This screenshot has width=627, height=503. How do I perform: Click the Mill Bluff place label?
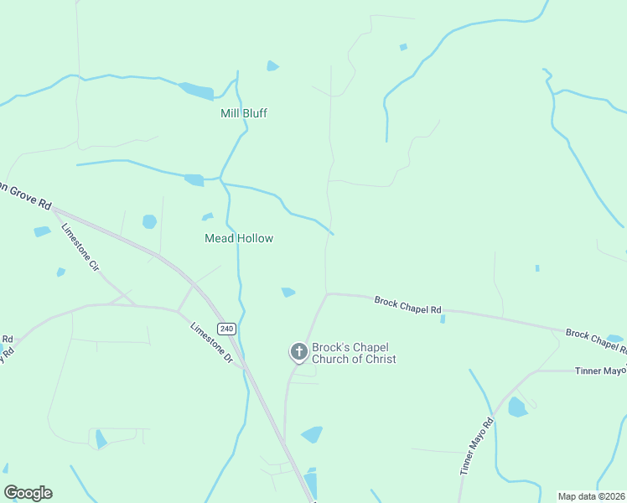tap(243, 113)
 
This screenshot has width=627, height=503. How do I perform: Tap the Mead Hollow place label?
tap(239, 238)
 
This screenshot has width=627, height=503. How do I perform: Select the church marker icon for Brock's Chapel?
tap(298, 352)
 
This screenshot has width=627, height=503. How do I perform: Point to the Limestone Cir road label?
tap(80, 246)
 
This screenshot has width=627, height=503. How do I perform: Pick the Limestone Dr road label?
tap(210, 342)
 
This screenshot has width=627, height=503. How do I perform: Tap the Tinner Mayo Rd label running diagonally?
tap(476, 447)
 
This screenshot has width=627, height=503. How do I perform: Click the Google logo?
tap(28, 493)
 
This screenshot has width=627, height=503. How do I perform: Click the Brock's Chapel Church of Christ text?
tap(353, 353)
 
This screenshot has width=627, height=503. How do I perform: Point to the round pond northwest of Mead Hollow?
tap(149, 221)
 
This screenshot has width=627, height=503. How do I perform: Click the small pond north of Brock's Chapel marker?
tap(288, 292)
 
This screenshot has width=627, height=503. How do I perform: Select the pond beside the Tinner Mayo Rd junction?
tap(516, 407)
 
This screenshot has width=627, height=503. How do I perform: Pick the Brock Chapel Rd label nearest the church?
tap(407, 305)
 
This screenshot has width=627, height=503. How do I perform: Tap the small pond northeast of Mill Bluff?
tap(272, 65)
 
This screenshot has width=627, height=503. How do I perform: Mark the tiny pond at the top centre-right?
tap(403, 47)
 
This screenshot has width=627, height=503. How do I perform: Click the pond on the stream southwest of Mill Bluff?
tap(194, 179)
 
